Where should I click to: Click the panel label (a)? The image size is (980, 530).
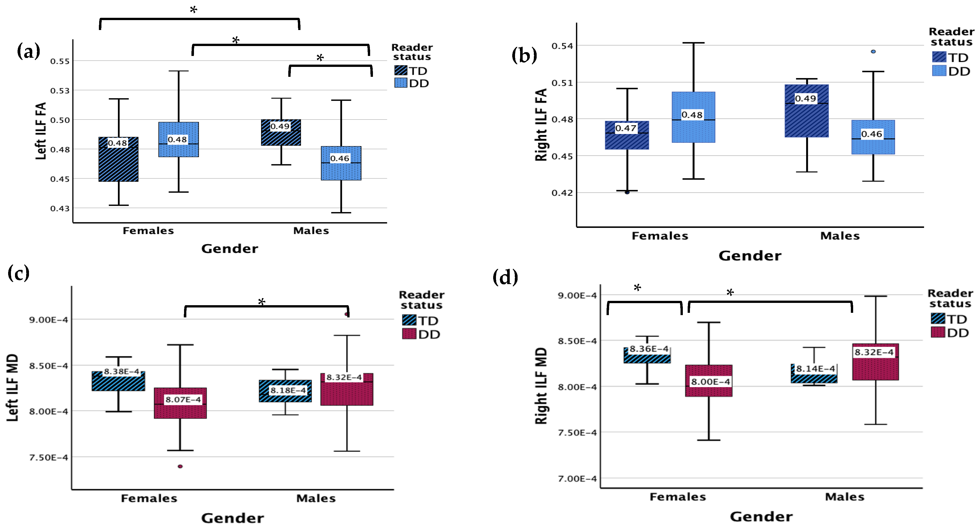28,51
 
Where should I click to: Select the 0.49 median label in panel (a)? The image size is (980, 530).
280,126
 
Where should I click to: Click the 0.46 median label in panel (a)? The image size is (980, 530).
340,158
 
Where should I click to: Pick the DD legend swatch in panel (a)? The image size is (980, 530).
401,83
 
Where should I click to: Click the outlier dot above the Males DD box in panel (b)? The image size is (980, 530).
873,51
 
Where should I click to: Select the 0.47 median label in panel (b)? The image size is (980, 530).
626,128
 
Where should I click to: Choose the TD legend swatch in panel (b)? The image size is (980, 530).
939,57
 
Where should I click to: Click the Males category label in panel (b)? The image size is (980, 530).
840,236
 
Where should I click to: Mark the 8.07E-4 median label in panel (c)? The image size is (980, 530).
183,400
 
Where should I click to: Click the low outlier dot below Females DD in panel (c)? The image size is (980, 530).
180,466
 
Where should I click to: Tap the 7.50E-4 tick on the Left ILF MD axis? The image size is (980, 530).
49,457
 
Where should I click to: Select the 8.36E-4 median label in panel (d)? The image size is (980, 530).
649,349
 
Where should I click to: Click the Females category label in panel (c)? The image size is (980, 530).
149,498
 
